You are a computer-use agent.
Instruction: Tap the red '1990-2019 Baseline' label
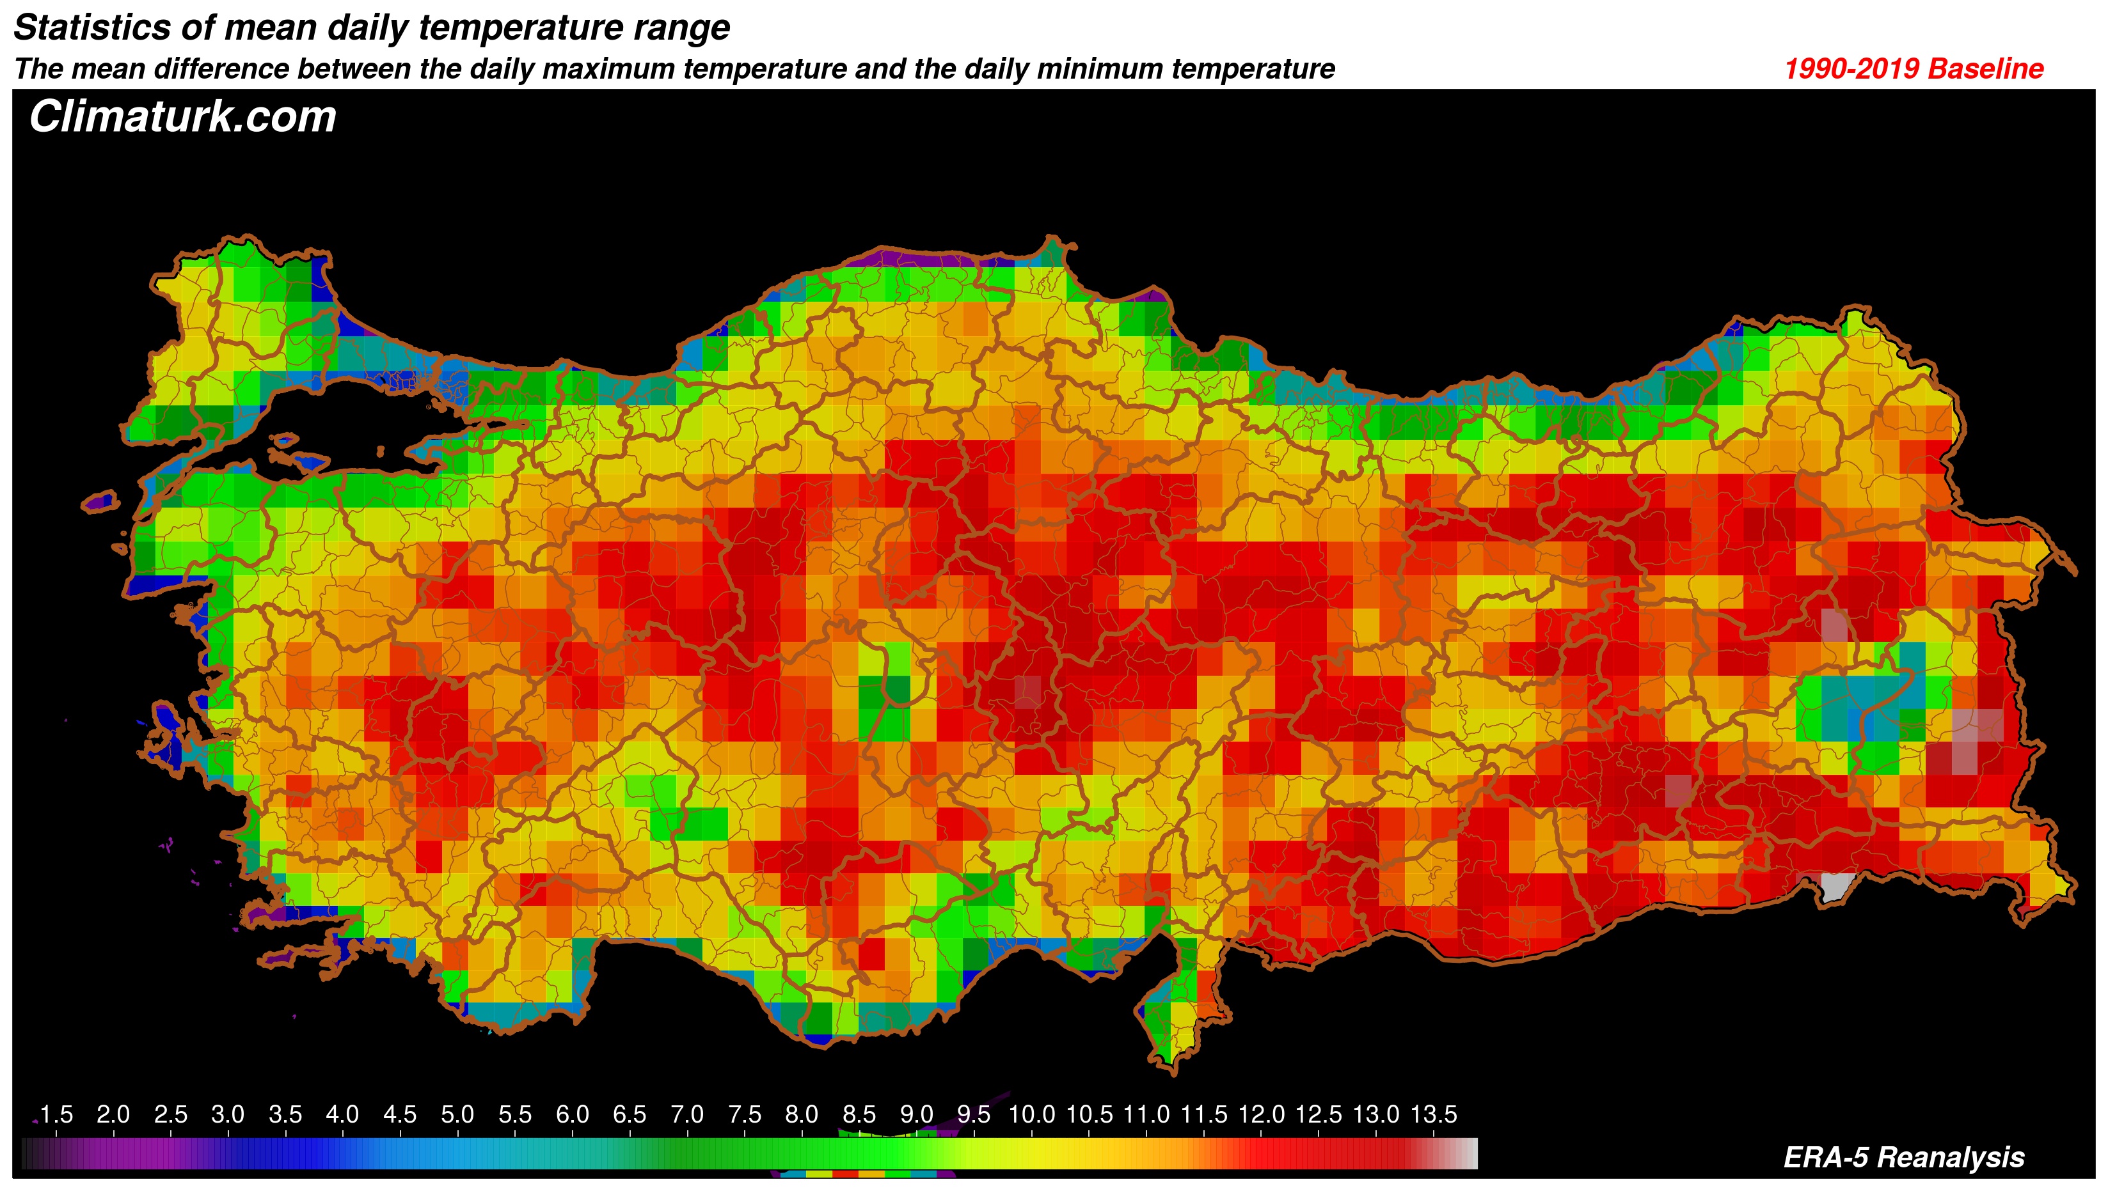(x=1914, y=68)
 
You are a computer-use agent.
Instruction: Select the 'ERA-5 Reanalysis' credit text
(x=1903, y=1158)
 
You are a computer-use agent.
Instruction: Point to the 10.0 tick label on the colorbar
(x=1031, y=1114)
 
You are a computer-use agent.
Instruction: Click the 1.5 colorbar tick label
(x=56, y=1114)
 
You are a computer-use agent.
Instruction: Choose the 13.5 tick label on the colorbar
(x=1433, y=1114)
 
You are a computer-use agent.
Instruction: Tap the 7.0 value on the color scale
(x=686, y=1114)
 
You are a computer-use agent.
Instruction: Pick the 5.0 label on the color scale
(x=457, y=1114)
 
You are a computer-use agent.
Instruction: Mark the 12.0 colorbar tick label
(x=1261, y=1114)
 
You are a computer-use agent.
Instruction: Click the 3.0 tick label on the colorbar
(x=228, y=1114)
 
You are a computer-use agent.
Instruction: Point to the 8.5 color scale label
(x=859, y=1114)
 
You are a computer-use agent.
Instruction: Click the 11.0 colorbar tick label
(x=1146, y=1114)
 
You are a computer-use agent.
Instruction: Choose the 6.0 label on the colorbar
(x=572, y=1114)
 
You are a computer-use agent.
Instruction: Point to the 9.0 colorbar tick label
(x=917, y=1114)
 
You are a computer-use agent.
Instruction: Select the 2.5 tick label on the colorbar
(x=170, y=1114)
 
